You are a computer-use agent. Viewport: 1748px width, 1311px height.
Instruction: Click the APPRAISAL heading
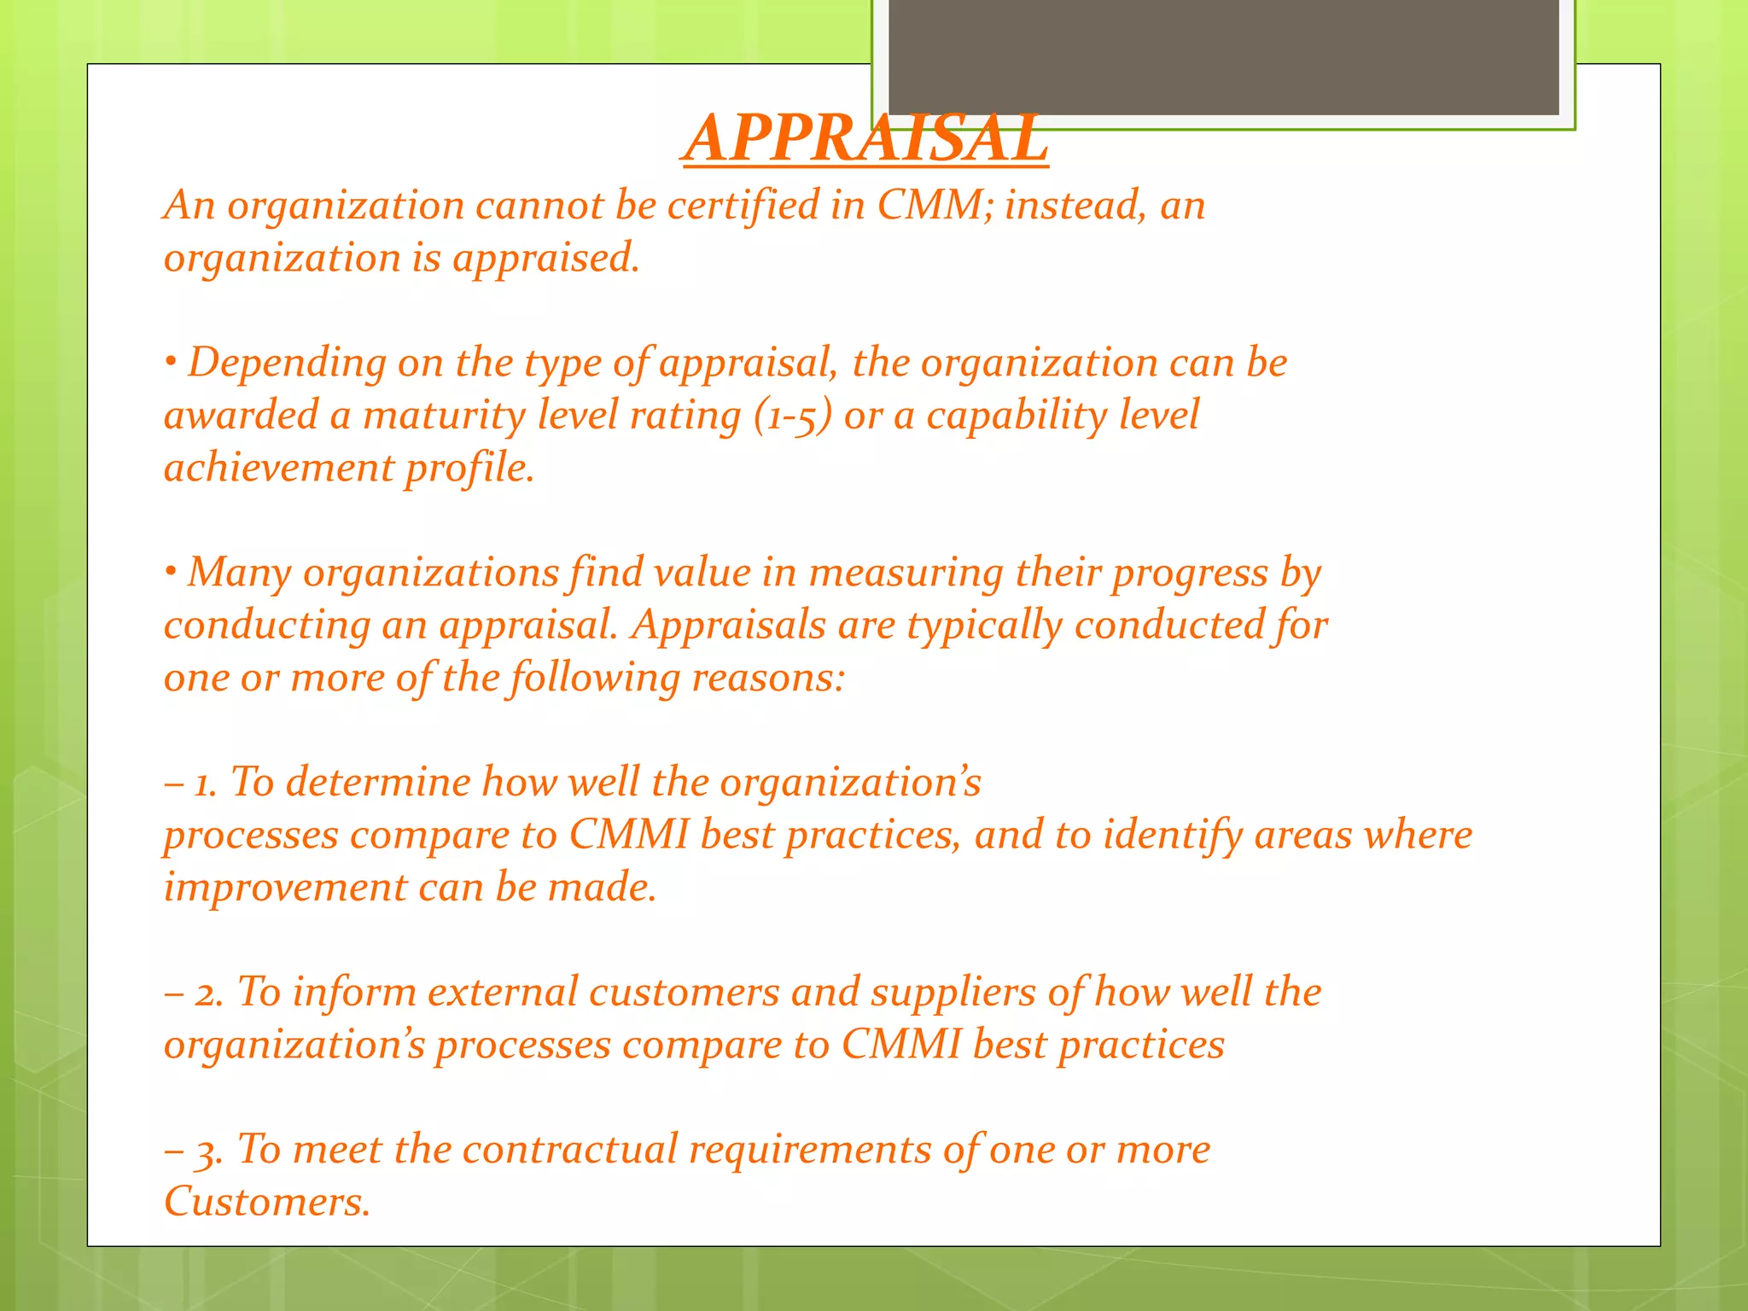865,139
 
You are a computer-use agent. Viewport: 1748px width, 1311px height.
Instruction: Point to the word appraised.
545,259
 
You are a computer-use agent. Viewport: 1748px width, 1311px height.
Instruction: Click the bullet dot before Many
171,573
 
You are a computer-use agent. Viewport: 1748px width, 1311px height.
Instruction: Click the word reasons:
767,679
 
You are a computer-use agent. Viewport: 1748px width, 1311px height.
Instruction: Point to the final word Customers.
266,1203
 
